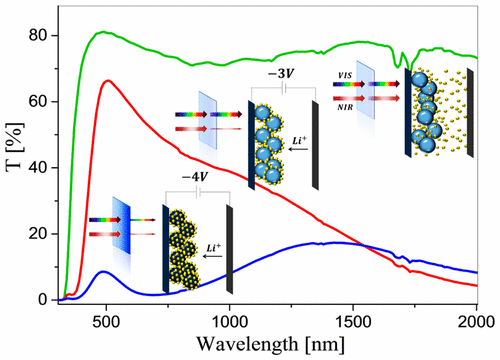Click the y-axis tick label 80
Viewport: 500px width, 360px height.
tap(37, 35)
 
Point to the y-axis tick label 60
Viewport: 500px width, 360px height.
tap(37, 101)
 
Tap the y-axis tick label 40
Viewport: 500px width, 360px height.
tap(37, 167)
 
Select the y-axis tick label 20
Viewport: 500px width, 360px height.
tap(37, 233)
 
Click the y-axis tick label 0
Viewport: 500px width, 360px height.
tap(41, 299)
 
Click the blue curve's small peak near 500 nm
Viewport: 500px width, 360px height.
tap(104, 271)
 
